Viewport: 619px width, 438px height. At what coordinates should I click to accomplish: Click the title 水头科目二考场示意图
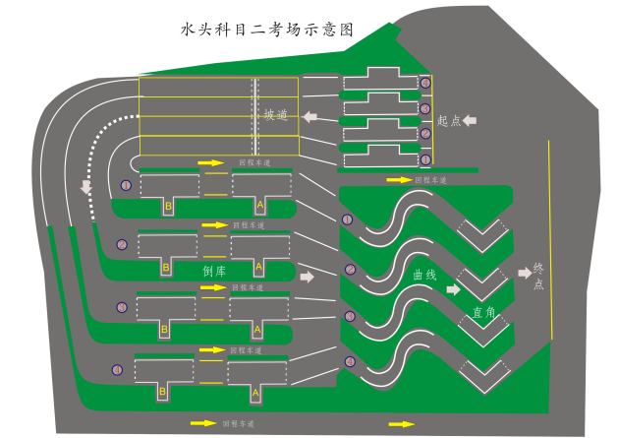[x=265, y=31]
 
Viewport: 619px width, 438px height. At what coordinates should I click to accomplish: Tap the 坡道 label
[x=276, y=116]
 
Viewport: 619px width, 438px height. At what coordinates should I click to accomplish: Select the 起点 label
[x=449, y=121]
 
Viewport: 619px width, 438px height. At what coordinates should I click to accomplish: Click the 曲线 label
[x=424, y=278]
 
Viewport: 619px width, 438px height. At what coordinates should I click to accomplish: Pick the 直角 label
[x=483, y=313]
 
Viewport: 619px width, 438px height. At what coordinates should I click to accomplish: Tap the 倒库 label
[x=215, y=271]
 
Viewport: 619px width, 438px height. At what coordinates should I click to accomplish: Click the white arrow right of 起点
[x=470, y=120]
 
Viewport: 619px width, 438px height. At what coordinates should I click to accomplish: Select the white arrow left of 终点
[x=524, y=272]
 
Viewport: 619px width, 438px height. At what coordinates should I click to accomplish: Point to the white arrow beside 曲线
[x=453, y=290]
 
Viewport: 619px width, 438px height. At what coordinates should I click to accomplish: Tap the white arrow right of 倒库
[x=307, y=277]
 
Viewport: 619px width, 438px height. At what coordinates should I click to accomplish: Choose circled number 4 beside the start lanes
[x=425, y=84]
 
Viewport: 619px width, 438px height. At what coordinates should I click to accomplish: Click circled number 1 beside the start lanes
[x=425, y=158]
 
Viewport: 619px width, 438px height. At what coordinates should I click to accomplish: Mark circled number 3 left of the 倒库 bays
[x=122, y=307]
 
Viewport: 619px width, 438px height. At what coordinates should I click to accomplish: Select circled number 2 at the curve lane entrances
[x=350, y=269]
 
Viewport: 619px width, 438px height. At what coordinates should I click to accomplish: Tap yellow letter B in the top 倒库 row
[x=168, y=206]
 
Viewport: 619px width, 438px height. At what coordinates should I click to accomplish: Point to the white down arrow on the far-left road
[x=85, y=186]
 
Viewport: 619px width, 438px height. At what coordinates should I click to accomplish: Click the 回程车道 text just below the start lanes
[x=430, y=180]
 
